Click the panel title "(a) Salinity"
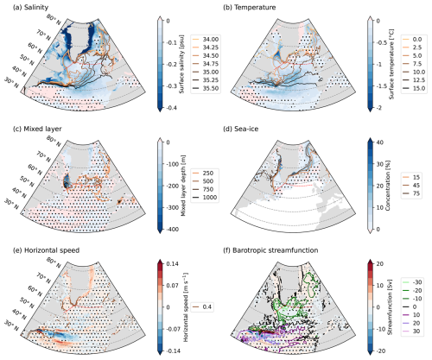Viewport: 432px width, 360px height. click(x=30, y=7)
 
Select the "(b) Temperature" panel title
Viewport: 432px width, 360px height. click(x=250, y=7)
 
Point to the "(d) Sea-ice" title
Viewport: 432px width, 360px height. click(x=241, y=129)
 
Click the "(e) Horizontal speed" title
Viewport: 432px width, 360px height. click(x=46, y=250)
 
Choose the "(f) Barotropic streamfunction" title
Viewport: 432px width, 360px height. click(x=270, y=250)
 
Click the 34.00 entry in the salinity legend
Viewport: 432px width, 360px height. click(x=206, y=39)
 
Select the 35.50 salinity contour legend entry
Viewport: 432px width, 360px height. click(x=206, y=88)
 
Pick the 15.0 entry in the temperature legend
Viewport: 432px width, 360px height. click(x=414, y=88)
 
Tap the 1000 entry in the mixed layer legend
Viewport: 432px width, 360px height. click(x=206, y=198)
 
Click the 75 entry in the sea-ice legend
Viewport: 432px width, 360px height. click(x=411, y=193)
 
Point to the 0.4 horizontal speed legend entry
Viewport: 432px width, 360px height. click(x=202, y=306)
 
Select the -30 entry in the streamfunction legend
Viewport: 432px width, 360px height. click(x=412, y=282)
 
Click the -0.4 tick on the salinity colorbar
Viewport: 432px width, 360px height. click(x=172, y=108)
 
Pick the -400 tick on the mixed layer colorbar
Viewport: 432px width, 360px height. click(x=172, y=230)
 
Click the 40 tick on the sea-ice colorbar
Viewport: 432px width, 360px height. click(x=379, y=142)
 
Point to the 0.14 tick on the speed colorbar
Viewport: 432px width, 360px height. click(x=172, y=263)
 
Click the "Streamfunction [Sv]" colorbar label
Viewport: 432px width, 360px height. click(x=390, y=307)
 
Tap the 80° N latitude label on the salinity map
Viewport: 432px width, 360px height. click(x=54, y=19)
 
